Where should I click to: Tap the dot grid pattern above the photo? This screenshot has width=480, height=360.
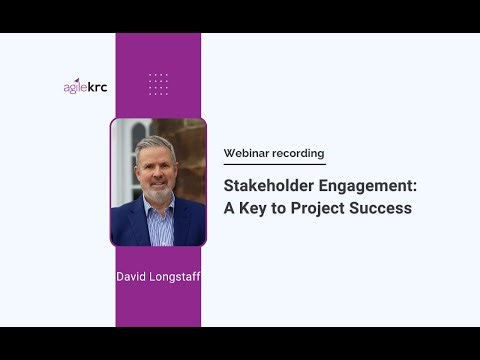(157, 84)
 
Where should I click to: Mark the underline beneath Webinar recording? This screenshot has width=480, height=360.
(274, 164)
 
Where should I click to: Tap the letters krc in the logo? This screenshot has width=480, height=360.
(97, 86)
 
